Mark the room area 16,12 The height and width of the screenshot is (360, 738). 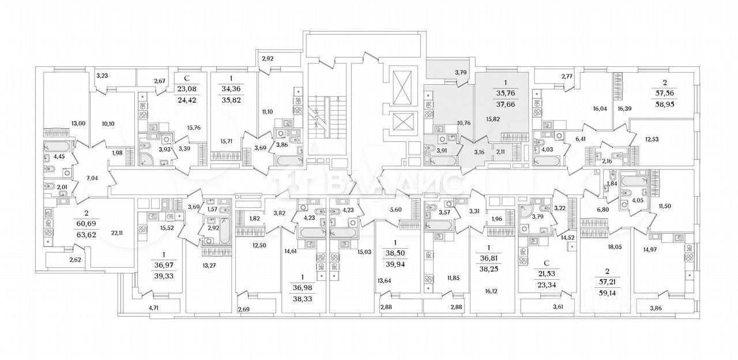[491, 291]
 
